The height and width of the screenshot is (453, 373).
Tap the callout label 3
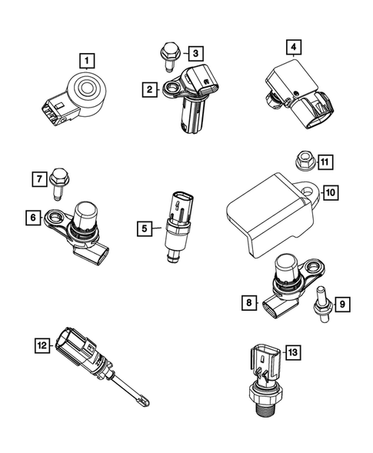196,53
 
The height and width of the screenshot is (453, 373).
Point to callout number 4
293,48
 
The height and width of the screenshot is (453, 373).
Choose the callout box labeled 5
143,228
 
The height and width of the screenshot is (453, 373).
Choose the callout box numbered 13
292,352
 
